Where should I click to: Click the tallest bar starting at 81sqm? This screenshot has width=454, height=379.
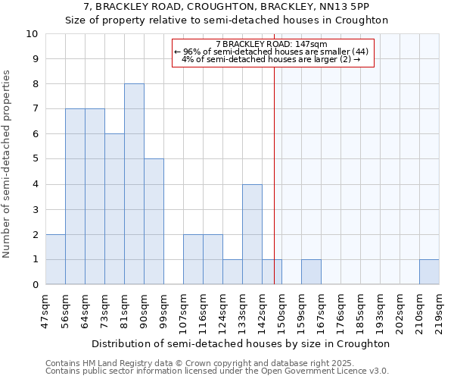[134, 184]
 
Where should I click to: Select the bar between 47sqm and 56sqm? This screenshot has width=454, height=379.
[55, 259]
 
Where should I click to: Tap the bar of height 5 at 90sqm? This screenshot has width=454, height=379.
[154, 221]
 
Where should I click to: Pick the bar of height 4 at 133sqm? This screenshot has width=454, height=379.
[252, 234]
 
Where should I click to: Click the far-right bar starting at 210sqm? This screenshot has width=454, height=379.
[429, 272]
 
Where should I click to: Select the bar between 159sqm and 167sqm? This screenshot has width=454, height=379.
[311, 272]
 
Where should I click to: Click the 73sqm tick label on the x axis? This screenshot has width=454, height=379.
[105, 309]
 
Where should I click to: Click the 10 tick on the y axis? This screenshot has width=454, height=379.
[32, 34]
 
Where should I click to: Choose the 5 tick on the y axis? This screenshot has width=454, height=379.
[35, 159]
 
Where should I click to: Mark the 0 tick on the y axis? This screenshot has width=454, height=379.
[35, 285]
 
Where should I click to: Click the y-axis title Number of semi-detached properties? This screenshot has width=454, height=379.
[8, 164]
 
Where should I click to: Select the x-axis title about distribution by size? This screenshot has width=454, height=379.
[241, 343]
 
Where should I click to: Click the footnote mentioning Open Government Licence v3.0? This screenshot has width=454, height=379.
[217, 371]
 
